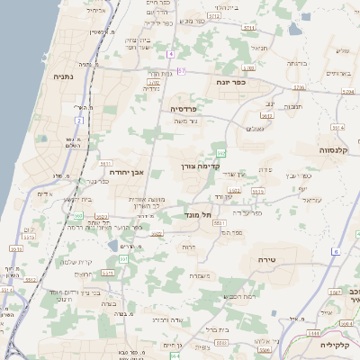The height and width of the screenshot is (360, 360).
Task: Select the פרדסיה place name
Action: click(x=185, y=108)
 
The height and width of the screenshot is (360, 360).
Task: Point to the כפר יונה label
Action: click(x=237, y=83)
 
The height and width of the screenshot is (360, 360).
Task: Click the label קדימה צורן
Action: click(x=201, y=166)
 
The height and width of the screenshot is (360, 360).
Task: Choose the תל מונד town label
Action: click(x=195, y=214)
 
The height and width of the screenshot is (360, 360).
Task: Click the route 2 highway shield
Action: click(x=80, y=120)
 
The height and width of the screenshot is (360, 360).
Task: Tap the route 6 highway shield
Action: click(x=335, y=252)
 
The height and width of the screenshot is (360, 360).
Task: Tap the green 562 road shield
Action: click(x=220, y=153)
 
